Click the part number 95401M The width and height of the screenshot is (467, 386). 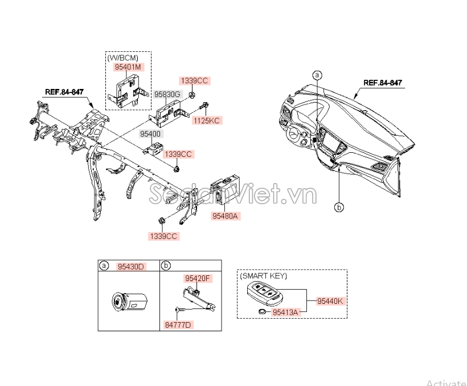(x=128, y=67)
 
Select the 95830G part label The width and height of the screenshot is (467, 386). (x=167, y=95)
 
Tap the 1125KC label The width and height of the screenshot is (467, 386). (x=207, y=121)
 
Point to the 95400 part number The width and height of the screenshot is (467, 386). (x=150, y=134)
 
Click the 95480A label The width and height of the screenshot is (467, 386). (x=225, y=216)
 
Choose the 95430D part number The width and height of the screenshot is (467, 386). (x=131, y=267)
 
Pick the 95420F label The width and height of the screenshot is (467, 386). (x=198, y=278)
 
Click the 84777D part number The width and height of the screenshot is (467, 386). (x=178, y=325)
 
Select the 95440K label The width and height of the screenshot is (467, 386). (x=330, y=301)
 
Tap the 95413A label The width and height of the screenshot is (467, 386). (x=285, y=312)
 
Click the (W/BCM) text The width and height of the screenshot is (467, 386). (x=122, y=58)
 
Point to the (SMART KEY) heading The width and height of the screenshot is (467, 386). (x=264, y=276)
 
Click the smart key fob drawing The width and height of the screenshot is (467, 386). (x=265, y=294)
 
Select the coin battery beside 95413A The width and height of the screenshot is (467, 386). (x=263, y=312)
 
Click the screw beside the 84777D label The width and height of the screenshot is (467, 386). (x=181, y=310)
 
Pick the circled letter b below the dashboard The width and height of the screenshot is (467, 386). (x=339, y=207)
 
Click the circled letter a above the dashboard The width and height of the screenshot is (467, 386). (x=317, y=75)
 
